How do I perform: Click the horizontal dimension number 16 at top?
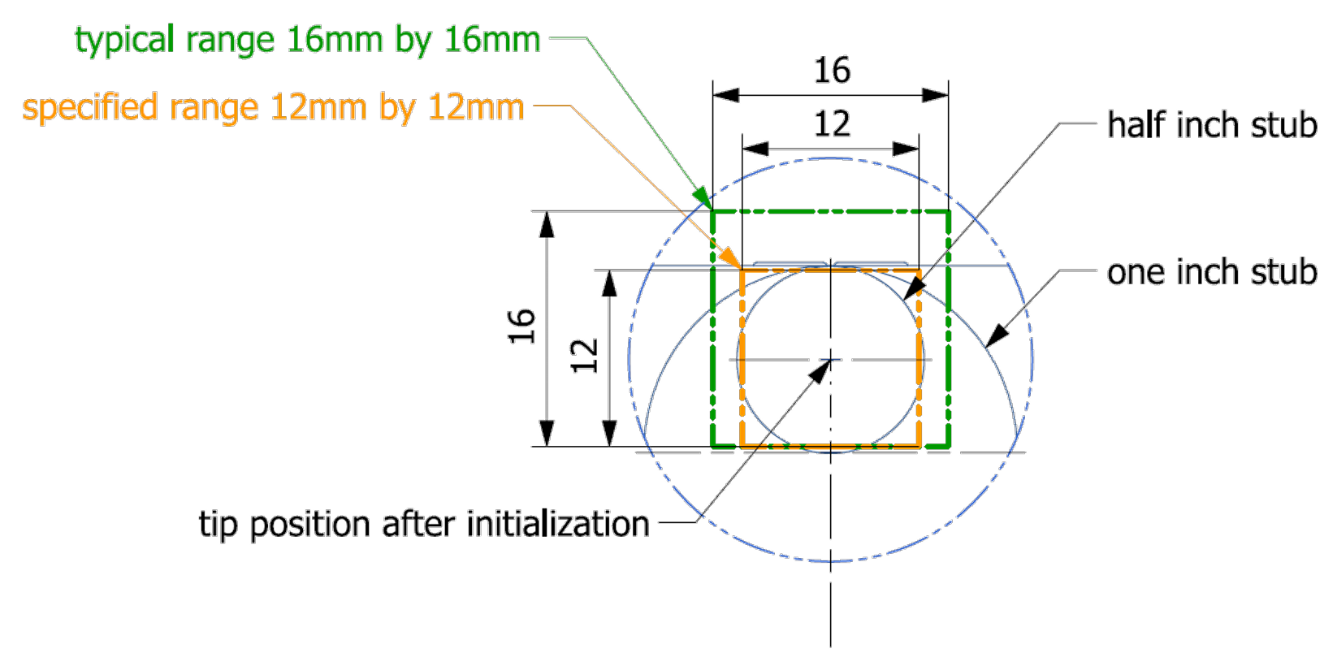(832, 71)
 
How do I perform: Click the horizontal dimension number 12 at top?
(832, 124)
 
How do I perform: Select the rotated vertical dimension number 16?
(521, 326)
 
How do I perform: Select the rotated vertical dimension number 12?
(584, 356)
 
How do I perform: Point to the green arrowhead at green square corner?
(703, 199)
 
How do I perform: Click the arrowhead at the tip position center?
(821, 370)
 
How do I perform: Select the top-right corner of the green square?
(949, 212)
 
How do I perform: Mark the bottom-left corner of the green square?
(712, 447)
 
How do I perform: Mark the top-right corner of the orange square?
(919, 270)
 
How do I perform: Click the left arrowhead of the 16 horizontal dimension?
(725, 95)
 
